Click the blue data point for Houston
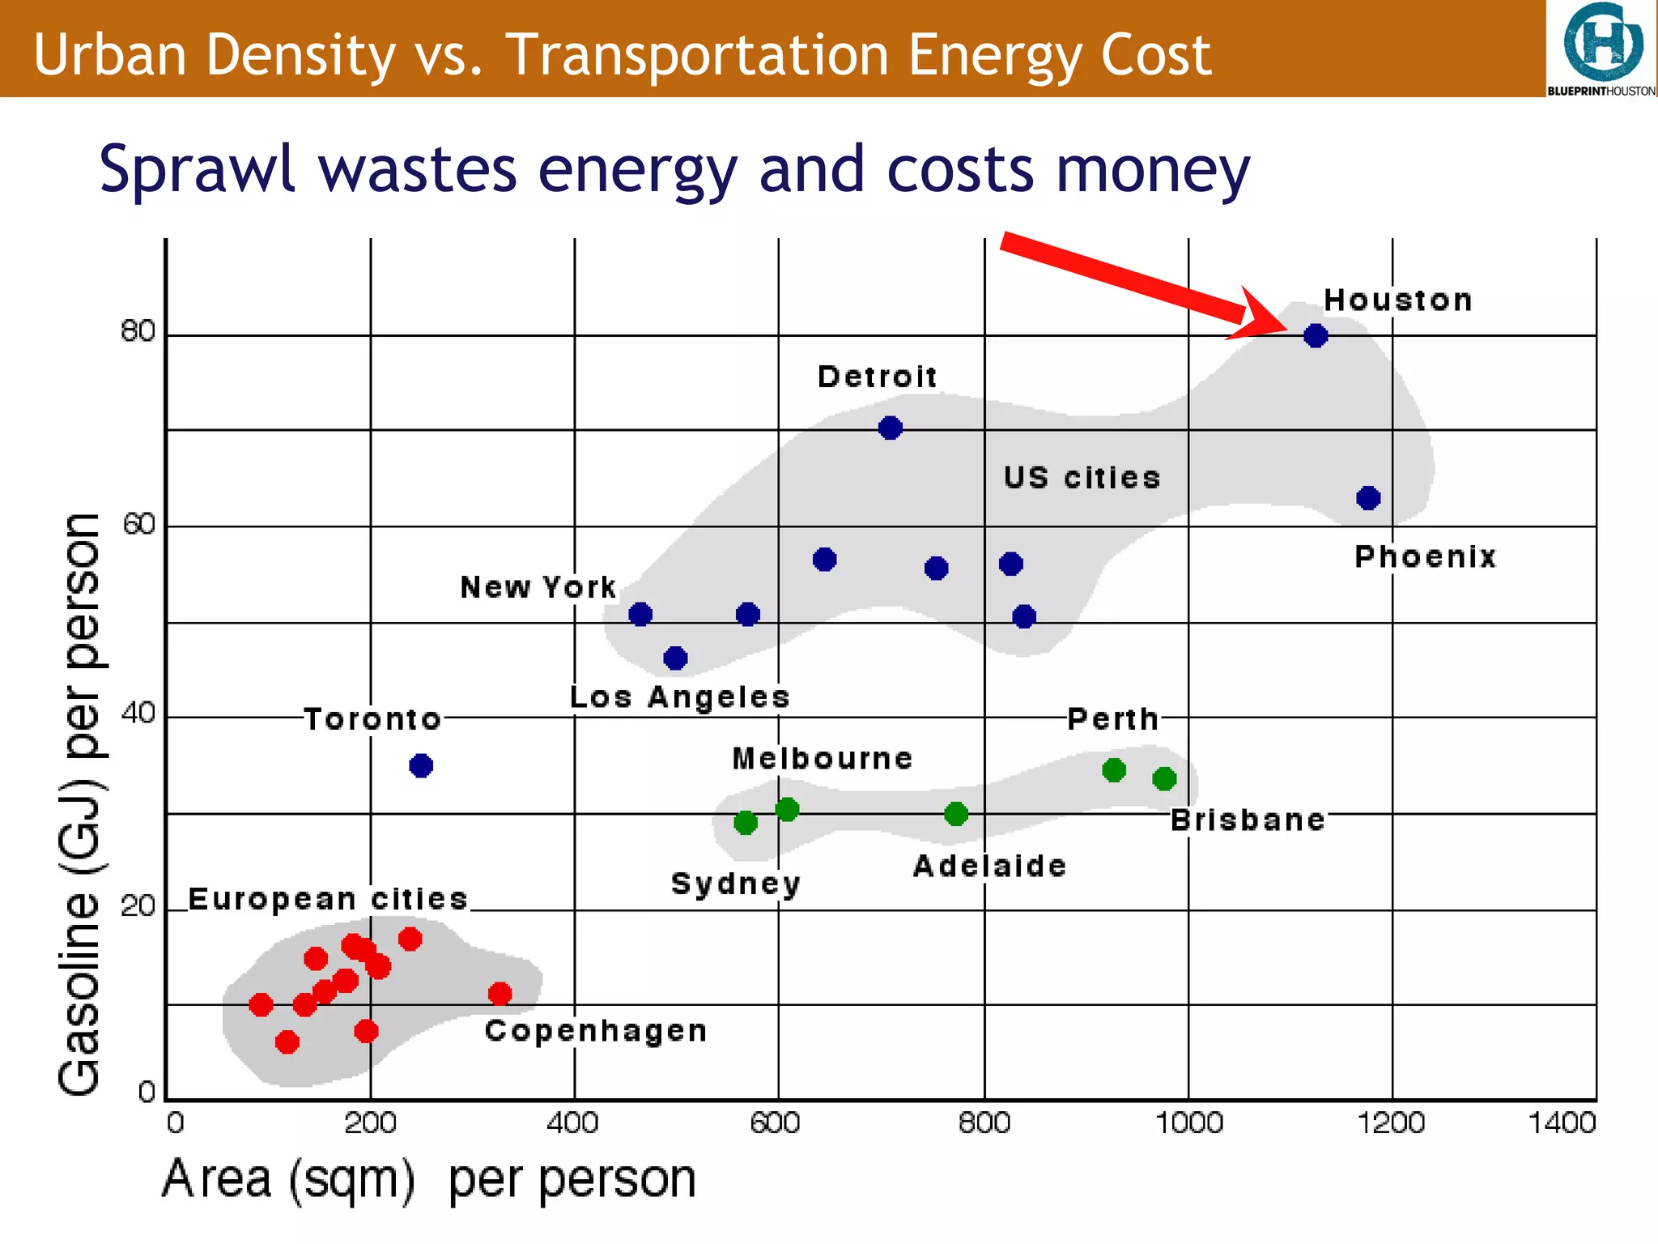(x=1316, y=335)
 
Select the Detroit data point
(x=891, y=428)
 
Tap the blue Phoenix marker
(x=1368, y=498)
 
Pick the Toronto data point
(x=421, y=765)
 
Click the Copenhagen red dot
(x=500, y=994)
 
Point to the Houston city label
(x=1397, y=300)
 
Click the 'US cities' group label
(x=1082, y=478)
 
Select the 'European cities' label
(x=328, y=899)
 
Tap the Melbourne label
(x=823, y=759)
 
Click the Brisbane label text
(x=1248, y=820)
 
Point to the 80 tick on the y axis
(x=138, y=331)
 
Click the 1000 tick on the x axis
(x=1188, y=1123)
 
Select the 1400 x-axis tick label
(x=1561, y=1123)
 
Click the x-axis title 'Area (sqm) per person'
(x=429, y=1179)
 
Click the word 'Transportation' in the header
(x=696, y=55)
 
